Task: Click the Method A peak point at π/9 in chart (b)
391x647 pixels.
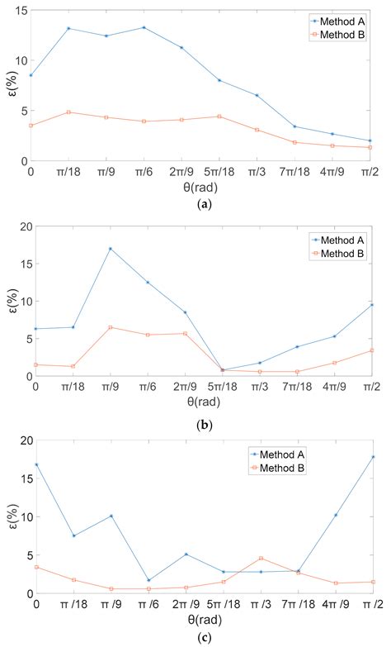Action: [x=109, y=249]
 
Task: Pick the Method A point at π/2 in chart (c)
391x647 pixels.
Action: [x=372, y=457]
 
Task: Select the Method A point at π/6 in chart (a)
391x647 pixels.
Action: [x=144, y=27]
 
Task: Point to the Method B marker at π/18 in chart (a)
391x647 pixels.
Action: [x=68, y=112]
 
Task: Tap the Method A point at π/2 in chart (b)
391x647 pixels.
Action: [x=372, y=305]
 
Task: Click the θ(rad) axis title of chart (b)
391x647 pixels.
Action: [x=201, y=402]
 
